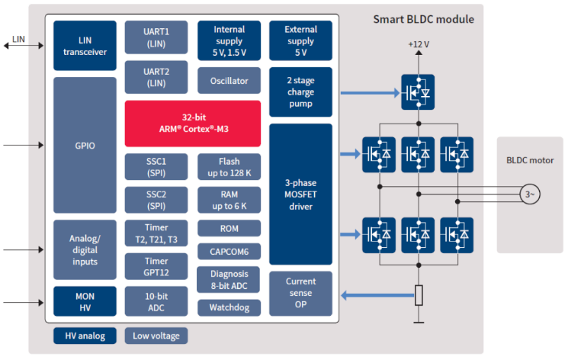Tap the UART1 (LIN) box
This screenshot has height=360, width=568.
point(156,37)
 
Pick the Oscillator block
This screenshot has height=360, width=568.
point(229,80)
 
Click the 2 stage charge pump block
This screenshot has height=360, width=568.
point(300,92)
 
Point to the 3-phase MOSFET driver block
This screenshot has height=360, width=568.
point(300,194)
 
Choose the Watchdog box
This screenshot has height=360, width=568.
point(229,307)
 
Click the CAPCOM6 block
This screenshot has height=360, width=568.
point(229,251)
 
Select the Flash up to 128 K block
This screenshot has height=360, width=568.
point(229,166)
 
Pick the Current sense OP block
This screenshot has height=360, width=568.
point(300,294)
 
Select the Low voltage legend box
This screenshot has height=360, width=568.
point(156,336)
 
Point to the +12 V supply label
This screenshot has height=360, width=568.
point(419,43)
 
